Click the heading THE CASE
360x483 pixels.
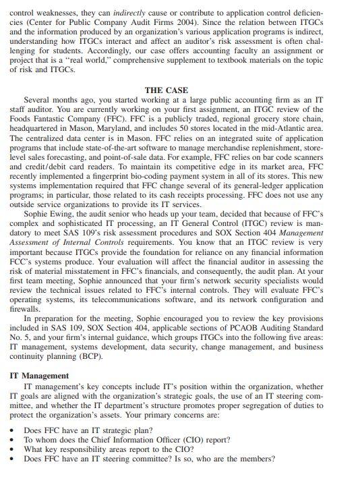(167, 90)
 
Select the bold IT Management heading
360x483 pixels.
(40, 376)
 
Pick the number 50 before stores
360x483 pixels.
(210, 129)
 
